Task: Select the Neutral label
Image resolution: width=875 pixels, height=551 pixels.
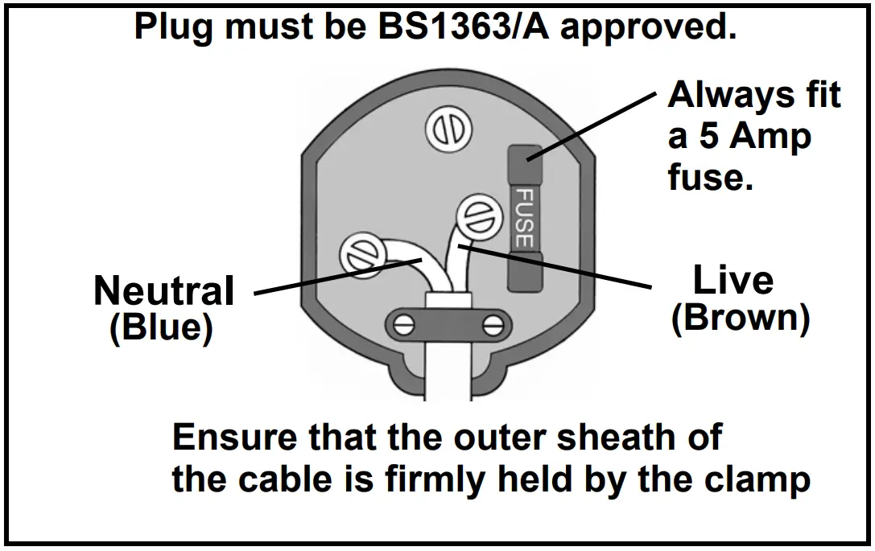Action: coord(164,290)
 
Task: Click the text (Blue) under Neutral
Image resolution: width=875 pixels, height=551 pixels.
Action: coord(161,327)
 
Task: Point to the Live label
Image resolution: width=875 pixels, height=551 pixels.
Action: coord(733,281)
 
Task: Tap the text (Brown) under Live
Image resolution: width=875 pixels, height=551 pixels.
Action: coord(740,319)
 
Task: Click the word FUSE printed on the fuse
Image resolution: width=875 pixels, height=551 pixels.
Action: coord(524,217)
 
